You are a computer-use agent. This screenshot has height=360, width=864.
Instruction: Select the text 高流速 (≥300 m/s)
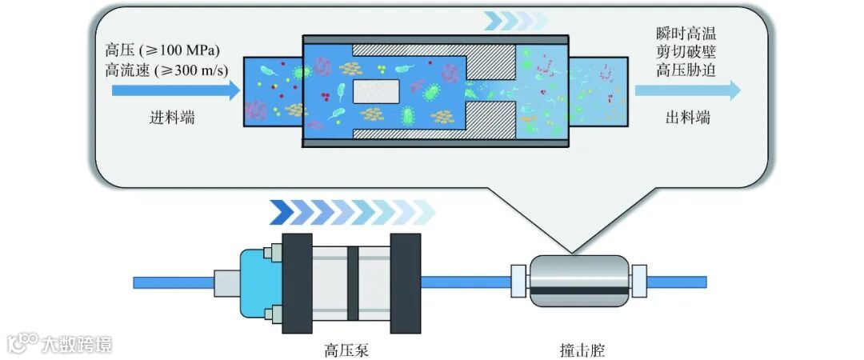(166, 70)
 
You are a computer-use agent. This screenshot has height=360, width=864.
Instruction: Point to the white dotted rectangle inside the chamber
(375, 91)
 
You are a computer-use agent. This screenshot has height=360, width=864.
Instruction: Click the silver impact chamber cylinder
(579, 280)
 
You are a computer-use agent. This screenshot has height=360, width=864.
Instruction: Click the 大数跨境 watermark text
(77, 344)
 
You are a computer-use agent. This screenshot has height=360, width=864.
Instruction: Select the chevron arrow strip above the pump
(352, 212)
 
